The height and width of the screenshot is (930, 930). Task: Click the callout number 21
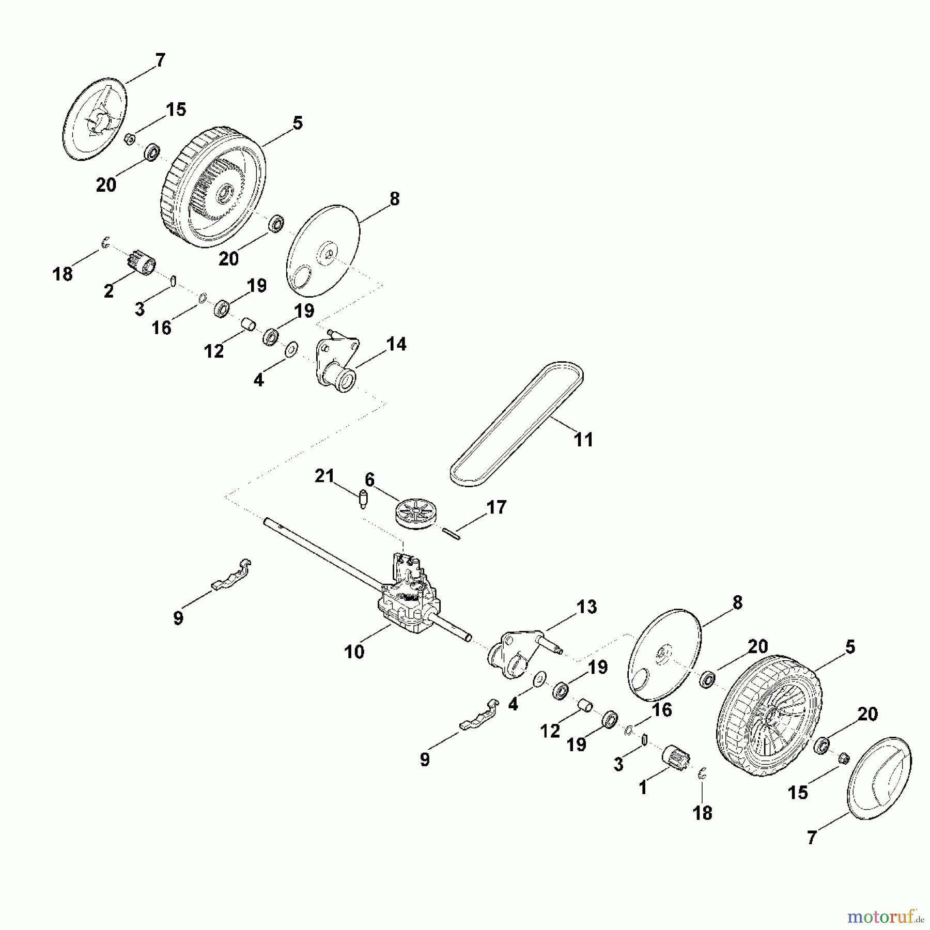[x=324, y=476]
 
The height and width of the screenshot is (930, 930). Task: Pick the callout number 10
[x=354, y=652]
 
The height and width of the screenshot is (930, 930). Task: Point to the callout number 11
[x=584, y=440]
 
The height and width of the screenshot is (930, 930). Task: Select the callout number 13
[x=586, y=607]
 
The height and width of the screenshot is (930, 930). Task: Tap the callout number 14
[x=396, y=344]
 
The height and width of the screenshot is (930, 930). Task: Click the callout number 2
[x=109, y=291]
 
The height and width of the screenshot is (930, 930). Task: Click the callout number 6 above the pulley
[x=370, y=480]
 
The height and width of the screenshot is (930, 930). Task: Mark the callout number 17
[x=497, y=507]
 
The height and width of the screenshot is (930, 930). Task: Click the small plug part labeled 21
[x=363, y=499]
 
